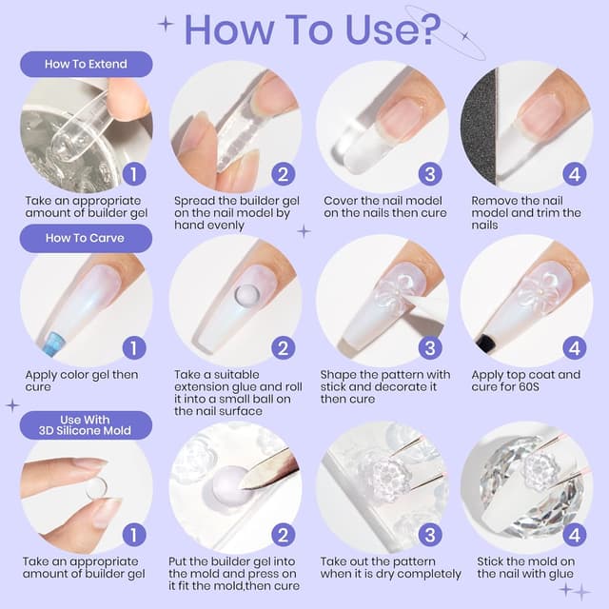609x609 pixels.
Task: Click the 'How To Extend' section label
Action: click(x=86, y=65)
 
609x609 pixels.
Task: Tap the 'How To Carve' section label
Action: click(x=86, y=239)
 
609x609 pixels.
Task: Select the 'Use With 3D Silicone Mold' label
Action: click(x=86, y=423)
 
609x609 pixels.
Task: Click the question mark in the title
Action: click(x=422, y=29)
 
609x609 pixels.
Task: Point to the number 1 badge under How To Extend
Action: click(x=135, y=174)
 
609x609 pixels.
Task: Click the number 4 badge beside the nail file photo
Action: click(x=574, y=174)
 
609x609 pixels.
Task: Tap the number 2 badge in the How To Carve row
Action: click(x=283, y=348)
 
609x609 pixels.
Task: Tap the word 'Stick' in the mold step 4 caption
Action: click(x=494, y=561)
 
